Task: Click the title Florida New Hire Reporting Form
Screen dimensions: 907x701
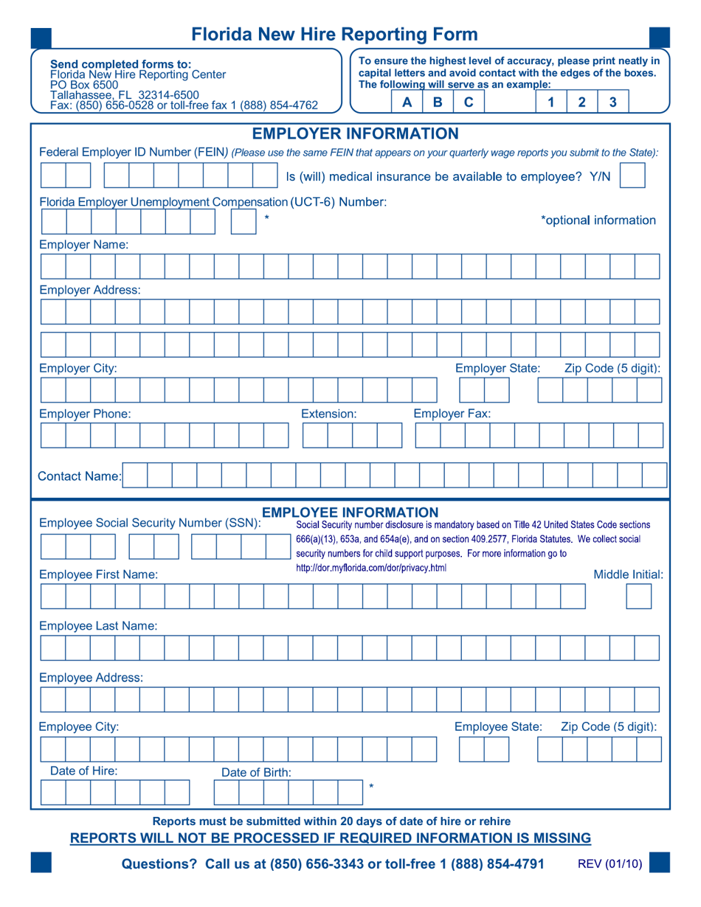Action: coord(334,35)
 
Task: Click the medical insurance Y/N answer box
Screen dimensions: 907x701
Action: coord(632,176)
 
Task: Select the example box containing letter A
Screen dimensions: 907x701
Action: coord(406,102)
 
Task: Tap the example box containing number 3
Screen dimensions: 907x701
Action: coord(612,102)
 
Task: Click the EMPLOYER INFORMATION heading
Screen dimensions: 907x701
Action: coord(356,133)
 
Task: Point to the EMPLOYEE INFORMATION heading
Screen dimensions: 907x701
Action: coord(350,512)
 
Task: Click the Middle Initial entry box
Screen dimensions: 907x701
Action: coord(638,596)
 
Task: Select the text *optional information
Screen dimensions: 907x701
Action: coord(598,220)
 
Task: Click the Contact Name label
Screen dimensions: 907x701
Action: coord(80,476)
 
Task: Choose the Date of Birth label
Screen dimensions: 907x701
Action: coord(256,773)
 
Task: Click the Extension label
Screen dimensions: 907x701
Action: coord(329,414)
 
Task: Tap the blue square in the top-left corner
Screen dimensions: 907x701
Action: coord(41,37)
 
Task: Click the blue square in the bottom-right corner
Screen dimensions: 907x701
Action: coord(659,863)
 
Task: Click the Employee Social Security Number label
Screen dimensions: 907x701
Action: coord(150,523)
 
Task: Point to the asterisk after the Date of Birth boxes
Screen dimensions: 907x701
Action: coord(371,788)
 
